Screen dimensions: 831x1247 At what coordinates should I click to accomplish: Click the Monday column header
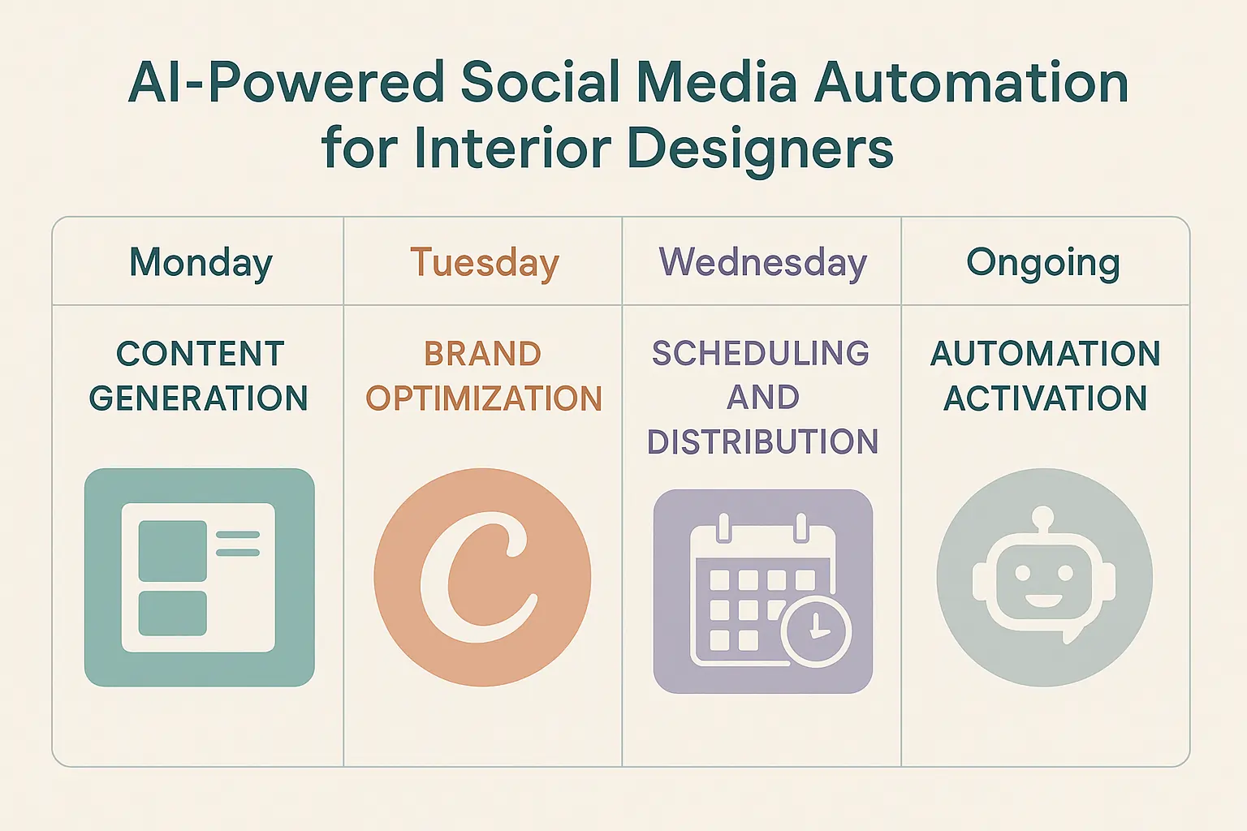pyautogui.click(x=201, y=263)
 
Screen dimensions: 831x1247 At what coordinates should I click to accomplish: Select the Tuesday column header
pyautogui.click(x=485, y=263)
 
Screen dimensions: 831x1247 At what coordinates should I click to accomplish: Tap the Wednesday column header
pyautogui.click(x=763, y=263)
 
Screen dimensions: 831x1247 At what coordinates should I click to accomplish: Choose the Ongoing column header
pyautogui.click(x=1043, y=263)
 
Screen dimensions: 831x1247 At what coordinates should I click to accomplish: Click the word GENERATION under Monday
pyautogui.click(x=199, y=398)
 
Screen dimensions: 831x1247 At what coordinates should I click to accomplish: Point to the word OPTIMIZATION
pyautogui.click(x=484, y=398)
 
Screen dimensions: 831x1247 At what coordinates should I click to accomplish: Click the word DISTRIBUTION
pyautogui.click(x=762, y=442)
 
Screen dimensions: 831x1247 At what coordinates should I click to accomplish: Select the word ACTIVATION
pyautogui.click(x=1045, y=398)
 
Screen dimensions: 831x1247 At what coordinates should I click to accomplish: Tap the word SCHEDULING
pyautogui.click(x=761, y=354)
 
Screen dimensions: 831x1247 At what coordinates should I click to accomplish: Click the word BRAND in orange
pyautogui.click(x=482, y=354)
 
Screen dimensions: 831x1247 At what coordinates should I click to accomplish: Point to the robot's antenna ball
pyautogui.click(x=1042, y=516)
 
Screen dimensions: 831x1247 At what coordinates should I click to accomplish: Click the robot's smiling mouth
pyautogui.click(x=1043, y=601)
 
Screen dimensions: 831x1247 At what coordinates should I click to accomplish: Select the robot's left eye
pyautogui.click(x=1022, y=573)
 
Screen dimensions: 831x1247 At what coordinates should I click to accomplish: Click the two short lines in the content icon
pyautogui.click(x=238, y=544)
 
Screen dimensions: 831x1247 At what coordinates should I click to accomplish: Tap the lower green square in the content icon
pyautogui.click(x=173, y=614)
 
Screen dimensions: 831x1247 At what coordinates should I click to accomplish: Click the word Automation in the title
pyautogui.click(x=971, y=83)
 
